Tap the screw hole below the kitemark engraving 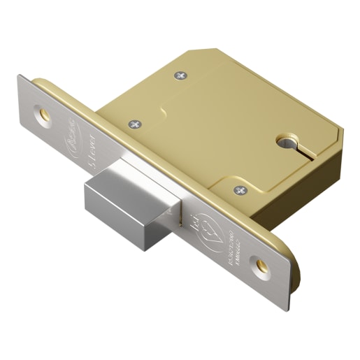(x=261, y=265)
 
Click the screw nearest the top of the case (x=182, y=74)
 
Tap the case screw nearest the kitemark (x=239, y=189)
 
